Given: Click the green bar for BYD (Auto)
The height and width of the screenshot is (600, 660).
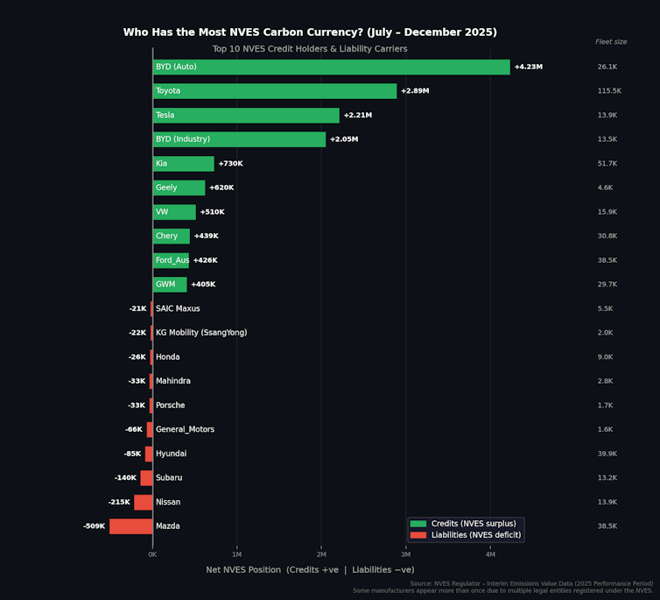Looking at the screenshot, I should (x=331, y=67).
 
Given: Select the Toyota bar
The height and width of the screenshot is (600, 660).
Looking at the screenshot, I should (x=275, y=91).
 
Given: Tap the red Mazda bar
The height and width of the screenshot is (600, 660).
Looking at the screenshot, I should (x=130, y=526).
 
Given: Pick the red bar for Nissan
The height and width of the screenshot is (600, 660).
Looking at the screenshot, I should (x=143, y=502).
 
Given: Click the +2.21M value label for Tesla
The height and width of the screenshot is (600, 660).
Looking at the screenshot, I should (x=357, y=116).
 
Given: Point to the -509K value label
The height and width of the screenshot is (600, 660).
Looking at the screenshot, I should (x=94, y=526).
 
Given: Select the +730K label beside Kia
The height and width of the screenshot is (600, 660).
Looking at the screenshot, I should (x=230, y=164).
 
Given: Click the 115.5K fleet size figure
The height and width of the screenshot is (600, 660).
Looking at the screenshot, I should (x=608, y=91).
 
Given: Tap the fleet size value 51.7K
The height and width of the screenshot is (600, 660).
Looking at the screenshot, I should (x=607, y=164).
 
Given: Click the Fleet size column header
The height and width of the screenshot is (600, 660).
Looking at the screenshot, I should (x=611, y=42).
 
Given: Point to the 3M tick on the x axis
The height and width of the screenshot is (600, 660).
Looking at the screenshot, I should (x=405, y=554).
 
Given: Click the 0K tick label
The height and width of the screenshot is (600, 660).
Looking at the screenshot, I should (x=152, y=554).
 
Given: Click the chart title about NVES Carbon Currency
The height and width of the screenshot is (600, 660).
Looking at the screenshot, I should (x=310, y=32).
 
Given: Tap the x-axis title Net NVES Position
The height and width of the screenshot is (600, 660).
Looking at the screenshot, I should (x=310, y=570).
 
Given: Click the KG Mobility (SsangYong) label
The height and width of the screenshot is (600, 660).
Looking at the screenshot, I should (x=201, y=333).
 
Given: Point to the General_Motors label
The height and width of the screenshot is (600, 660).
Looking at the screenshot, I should (x=185, y=429).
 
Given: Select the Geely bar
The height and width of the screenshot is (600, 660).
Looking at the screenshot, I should (x=179, y=187).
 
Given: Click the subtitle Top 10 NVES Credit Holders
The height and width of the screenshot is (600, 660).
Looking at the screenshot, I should (x=310, y=49).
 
